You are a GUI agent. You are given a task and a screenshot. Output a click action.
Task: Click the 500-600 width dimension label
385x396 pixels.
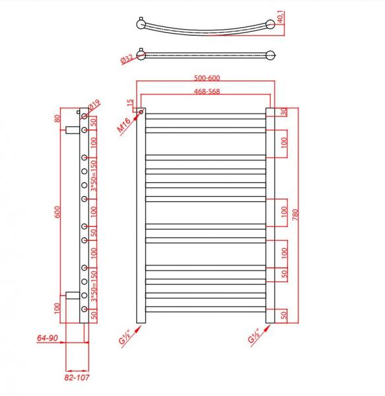pyautogui.click(x=205, y=77)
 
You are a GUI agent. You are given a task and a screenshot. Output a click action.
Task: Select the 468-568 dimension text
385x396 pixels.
pyautogui.click(x=205, y=92)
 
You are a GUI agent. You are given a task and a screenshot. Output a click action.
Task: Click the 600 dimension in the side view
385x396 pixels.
pyautogui.click(x=57, y=212)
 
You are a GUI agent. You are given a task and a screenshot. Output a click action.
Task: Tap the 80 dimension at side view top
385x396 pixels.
pyautogui.click(x=57, y=119)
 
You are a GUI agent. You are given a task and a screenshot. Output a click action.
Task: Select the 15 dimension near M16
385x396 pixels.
pyautogui.click(x=131, y=104)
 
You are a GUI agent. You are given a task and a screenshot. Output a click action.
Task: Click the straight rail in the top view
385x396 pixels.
pyautogui.click(x=205, y=54)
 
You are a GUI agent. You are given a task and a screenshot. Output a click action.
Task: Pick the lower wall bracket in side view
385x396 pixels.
pyautogui.click(x=71, y=294)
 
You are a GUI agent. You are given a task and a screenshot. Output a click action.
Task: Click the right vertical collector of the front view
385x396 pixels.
pyautogui.click(x=269, y=218)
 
